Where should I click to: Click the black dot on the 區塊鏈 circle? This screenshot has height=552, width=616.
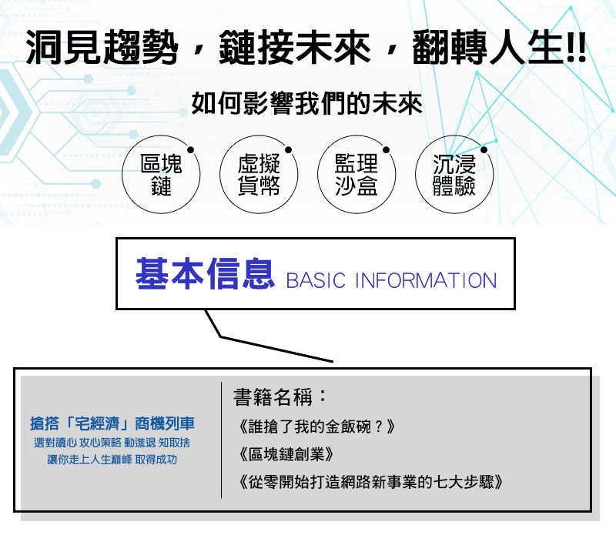(190, 149)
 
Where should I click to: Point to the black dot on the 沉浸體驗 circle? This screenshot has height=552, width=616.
(484, 149)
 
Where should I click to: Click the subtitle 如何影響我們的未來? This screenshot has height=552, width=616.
(306, 104)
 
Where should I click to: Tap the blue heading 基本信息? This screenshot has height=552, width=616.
(205, 274)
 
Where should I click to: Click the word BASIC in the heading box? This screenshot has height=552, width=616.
(316, 280)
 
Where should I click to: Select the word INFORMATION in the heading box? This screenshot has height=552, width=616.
(426, 280)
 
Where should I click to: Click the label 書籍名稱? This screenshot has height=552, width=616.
(280, 396)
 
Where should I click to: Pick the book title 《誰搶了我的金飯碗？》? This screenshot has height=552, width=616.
(316, 427)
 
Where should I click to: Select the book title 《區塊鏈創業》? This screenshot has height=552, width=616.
(286, 454)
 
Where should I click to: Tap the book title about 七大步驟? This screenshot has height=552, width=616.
(370, 482)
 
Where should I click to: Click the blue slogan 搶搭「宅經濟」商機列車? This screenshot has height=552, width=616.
(112, 423)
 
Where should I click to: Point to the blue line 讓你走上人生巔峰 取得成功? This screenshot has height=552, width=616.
(112, 460)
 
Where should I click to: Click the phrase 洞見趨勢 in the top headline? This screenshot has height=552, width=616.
(102, 47)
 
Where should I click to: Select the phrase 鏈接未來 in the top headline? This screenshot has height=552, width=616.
(295, 47)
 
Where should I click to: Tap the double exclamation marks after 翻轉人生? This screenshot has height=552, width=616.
(577, 47)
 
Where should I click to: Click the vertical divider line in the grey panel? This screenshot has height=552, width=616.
(222, 440)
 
